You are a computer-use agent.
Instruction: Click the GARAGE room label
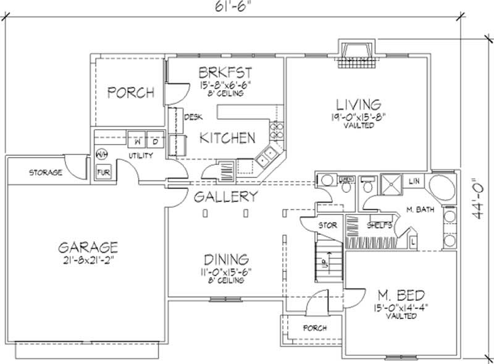[88, 247]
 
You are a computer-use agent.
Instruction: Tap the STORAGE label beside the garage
[46, 172]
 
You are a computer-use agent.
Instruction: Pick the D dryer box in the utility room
[155, 141]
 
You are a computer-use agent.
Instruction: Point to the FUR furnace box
[101, 172]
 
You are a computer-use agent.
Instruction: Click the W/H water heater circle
[101, 154]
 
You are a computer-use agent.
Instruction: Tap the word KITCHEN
[227, 138]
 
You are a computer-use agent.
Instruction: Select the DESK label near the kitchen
[193, 116]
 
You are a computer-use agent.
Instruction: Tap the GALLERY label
[225, 197]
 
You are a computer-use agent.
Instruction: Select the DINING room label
[224, 259]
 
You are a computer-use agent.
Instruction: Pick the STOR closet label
[327, 226]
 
